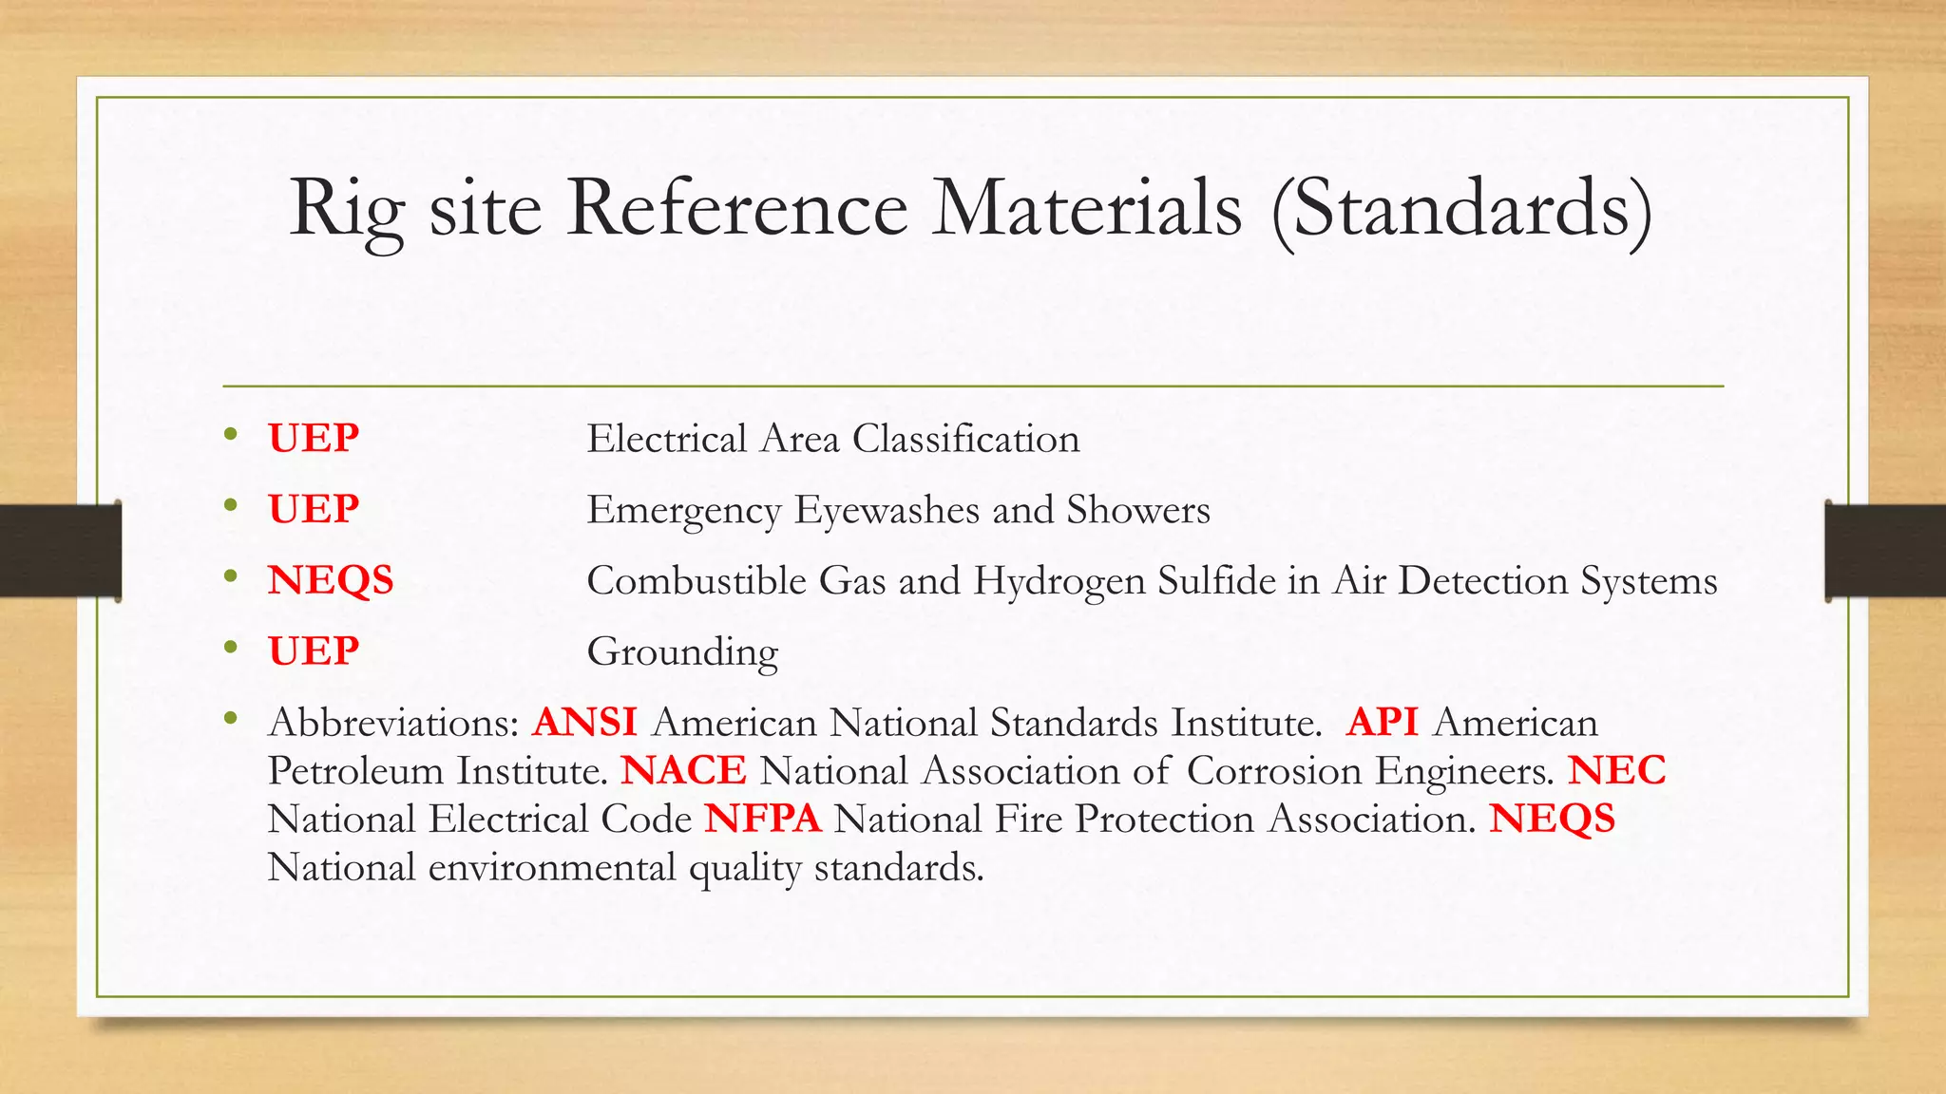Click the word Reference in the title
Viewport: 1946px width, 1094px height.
pos(737,208)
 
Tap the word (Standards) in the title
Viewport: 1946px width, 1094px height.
pos(1462,210)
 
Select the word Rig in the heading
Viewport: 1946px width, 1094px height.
pos(348,210)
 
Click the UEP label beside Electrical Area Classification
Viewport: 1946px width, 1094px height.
pos(314,439)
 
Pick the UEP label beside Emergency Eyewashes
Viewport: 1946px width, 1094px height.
pos(314,510)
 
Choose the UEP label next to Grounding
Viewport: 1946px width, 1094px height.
pos(314,651)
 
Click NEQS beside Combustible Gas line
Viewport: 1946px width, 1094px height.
pos(331,580)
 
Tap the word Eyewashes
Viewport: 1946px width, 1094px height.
pos(887,511)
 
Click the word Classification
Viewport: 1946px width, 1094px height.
pos(965,439)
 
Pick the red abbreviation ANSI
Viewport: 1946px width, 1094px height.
pos(584,723)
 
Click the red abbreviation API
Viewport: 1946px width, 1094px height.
pos(1382,723)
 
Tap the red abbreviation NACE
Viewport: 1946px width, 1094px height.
pos(683,770)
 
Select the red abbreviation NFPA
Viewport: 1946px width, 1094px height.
pos(762,819)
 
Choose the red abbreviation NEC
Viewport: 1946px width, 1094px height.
pos(1616,770)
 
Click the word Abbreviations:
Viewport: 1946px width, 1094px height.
pos(393,723)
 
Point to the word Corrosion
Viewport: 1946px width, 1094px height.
pos(1274,770)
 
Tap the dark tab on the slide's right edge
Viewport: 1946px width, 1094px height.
pos(1884,551)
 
